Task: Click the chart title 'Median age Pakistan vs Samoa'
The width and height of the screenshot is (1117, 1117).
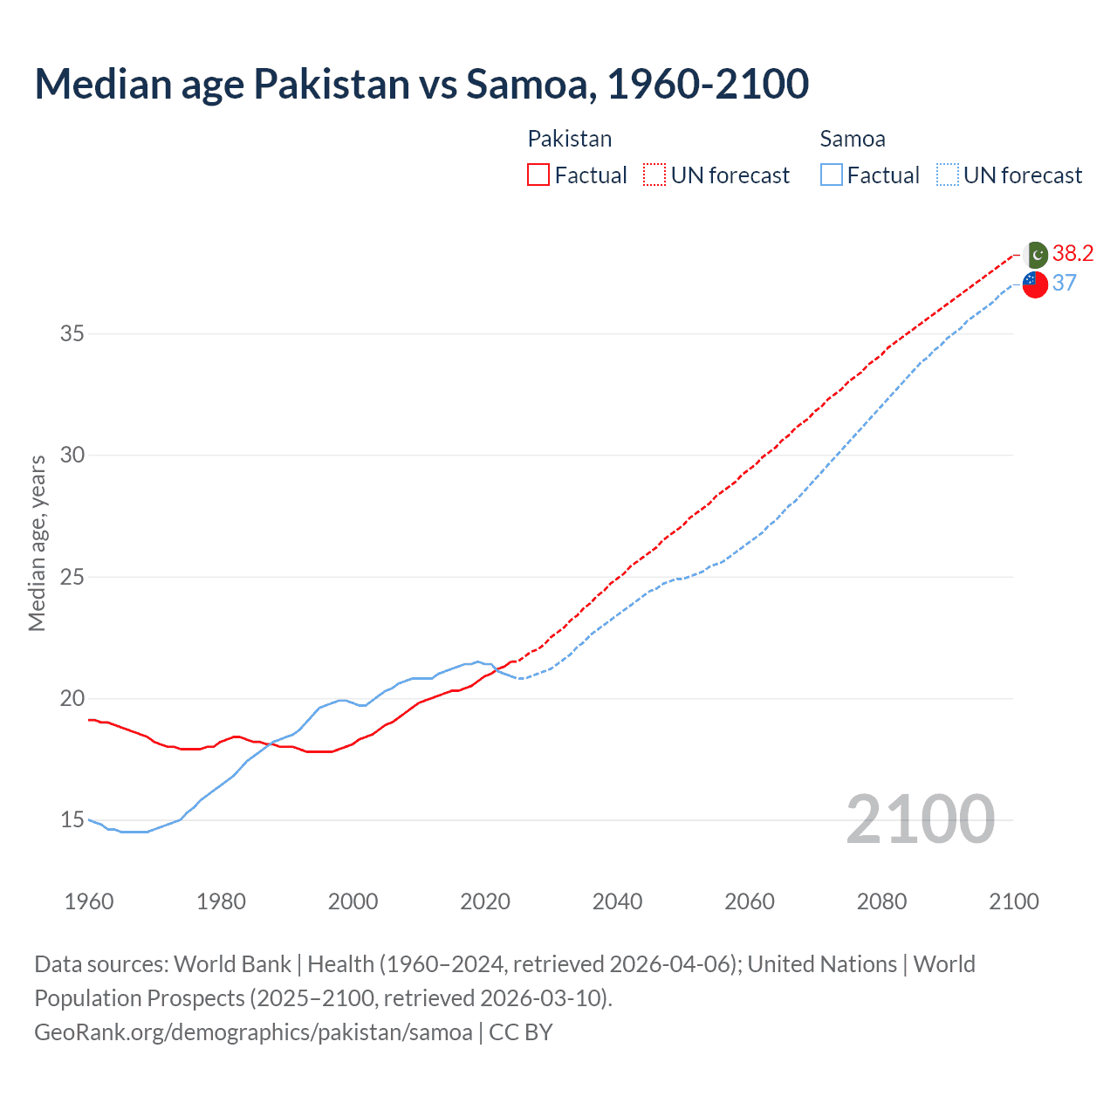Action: coord(421,84)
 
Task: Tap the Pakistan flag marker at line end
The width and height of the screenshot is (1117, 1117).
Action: coord(1036,255)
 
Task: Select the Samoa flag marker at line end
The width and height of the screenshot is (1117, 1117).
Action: coord(1035,284)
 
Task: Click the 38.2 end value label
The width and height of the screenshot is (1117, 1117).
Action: coord(1072,253)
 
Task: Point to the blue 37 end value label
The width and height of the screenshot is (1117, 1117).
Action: coord(1065,283)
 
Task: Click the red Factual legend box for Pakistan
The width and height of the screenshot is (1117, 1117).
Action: coord(538,175)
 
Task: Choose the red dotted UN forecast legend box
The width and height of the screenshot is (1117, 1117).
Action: coord(654,175)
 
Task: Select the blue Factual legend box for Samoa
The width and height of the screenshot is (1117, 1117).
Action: coord(832,175)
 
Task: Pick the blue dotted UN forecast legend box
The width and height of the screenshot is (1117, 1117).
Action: coord(947,175)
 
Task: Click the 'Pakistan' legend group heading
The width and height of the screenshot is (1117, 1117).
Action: coord(569,139)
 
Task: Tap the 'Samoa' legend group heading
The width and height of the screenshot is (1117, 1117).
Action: coord(853,139)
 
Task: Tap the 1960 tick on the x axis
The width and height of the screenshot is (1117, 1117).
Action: coord(89,901)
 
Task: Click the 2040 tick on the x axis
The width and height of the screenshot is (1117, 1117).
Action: coord(617,901)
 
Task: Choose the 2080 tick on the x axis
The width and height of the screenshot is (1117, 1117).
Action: coord(881,901)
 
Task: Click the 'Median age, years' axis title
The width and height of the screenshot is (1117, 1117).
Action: coord(37,543)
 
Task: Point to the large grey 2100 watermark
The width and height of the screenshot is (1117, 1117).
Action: coord(920,819)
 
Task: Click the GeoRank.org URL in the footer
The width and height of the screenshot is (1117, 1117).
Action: coord(253,1032)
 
